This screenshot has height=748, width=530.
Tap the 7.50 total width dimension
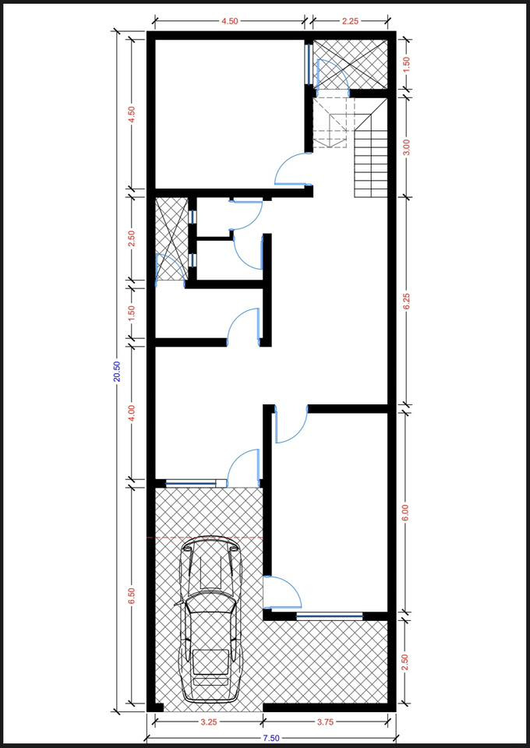(273, 738)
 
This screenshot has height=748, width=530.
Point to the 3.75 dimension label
(325, 722)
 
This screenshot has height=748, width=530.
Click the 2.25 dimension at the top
(351, 20)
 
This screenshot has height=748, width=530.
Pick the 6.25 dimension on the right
(406, 301)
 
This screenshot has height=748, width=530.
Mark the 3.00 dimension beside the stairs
(406, 146)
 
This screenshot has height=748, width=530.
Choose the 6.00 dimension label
(406, 513)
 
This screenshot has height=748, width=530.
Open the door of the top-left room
(293, 169)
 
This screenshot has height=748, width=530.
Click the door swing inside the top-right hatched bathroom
(333, 75)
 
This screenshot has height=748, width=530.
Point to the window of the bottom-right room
(330, 616)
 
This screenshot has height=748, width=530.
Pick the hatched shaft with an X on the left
(171, 239)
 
